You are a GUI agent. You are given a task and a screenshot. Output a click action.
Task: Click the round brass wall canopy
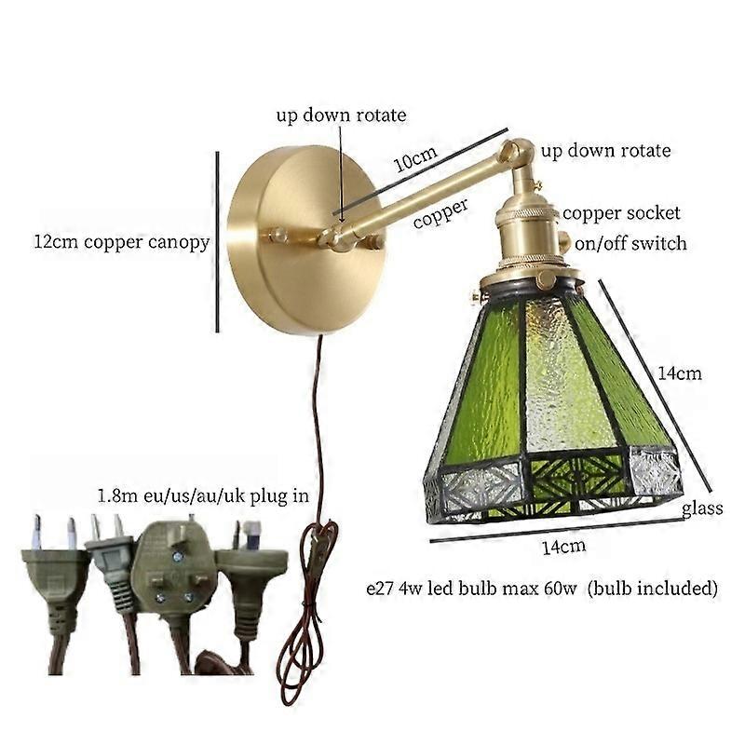(305, 240)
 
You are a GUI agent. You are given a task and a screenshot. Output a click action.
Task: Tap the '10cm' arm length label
(415, 159)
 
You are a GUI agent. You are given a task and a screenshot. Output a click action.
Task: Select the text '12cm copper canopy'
(122, 242)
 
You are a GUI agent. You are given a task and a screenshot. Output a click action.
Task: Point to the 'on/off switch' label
(630, 243)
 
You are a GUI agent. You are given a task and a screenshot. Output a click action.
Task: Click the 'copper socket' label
(621, 213)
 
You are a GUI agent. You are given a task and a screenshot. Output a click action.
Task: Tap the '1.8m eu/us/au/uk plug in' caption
(203, 496)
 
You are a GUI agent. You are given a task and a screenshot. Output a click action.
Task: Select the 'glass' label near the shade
(702, 508)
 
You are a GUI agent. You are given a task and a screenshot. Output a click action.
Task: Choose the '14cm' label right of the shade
(680, 373)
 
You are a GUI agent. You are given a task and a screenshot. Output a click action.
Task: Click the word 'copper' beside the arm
(440, 213)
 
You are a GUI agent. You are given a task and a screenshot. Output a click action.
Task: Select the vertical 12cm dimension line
(218, 242)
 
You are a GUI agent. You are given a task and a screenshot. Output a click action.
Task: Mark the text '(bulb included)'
(653, 589)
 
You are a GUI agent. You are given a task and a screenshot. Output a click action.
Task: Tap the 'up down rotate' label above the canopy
(341, 115)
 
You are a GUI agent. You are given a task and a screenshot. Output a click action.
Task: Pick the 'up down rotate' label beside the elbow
(606, 151)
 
